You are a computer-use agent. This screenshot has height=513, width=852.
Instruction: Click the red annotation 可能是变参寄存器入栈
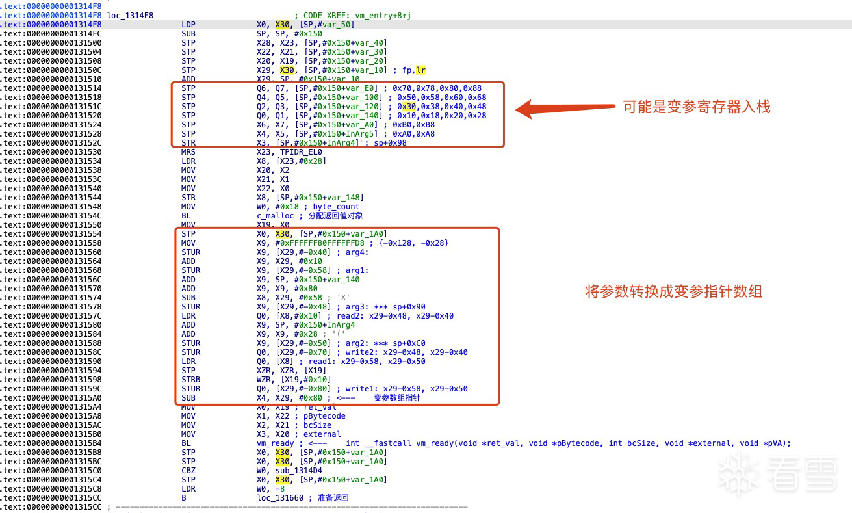[x=697, y=107]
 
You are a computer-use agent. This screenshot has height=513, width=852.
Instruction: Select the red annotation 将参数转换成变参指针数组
[x=674, y=292]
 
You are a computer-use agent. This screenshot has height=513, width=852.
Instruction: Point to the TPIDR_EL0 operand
[x=300, y=152]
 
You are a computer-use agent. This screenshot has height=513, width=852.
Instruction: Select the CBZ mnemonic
[x=188, y=471]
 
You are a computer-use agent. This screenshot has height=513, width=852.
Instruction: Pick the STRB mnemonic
[x=190, y=380]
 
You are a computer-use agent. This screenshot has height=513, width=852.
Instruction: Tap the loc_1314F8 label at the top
[x=130, y=15]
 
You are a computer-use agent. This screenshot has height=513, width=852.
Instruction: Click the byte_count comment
[x=336, y=207]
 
